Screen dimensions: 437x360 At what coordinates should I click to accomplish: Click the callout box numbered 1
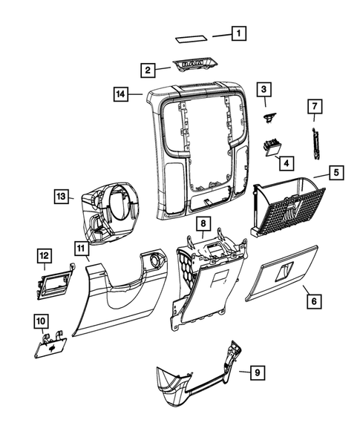click(238, 33)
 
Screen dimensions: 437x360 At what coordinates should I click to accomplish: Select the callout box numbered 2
click(148, 70)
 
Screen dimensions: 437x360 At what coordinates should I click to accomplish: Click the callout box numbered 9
click(256, 372)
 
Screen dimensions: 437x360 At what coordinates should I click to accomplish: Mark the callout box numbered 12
click(45, 256)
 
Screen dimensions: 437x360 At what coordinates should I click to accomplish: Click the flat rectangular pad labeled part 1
click(192, 37)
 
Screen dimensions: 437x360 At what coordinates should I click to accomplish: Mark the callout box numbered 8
click(203, 223)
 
